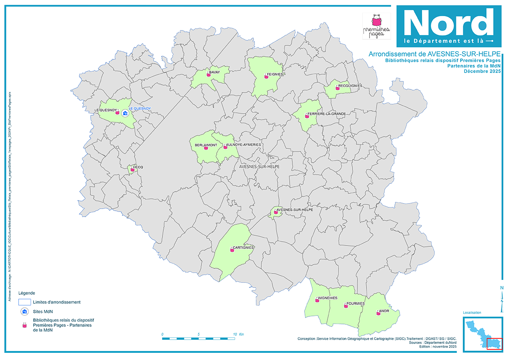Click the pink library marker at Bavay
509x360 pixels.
tap(208, 75)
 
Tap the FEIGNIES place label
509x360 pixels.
tap(275, 74)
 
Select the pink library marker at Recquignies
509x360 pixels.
tap(337, 88)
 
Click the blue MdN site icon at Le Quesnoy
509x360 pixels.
tap(125, 114)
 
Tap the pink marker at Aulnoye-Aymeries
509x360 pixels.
tap(225, 147)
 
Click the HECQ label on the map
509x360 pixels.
tap(138, 167)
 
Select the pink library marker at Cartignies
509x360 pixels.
tap(232, 250)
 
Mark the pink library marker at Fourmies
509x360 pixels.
tap(346, 306)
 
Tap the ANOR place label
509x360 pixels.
tap(384, 311)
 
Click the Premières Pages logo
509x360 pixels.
tap(376, 26)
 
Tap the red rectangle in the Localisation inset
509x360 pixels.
tap(494, 344)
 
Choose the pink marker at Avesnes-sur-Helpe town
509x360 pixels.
tap(276, 212)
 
